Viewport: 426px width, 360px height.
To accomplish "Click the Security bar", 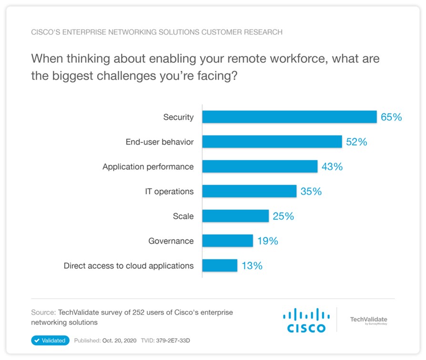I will [289, 117].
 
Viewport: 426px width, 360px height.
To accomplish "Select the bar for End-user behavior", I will [272, 142].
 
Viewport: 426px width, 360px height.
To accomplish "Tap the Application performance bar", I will [260, 166].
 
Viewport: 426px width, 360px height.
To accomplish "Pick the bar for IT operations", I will [249, 191].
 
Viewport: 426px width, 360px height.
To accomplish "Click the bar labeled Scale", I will [235, 216].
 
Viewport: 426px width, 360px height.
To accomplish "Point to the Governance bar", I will [227, 241].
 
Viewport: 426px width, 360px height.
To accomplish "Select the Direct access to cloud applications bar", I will [220, 266].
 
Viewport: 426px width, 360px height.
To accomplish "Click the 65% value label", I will [391, 117].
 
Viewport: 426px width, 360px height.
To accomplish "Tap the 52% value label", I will [356, 142].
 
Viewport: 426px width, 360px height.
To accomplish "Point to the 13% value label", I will [252, 266].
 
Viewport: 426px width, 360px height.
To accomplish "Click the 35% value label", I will [311, 191].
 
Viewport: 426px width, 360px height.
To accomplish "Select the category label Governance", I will [171, 241].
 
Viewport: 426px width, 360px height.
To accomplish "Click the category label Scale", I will [183, 216].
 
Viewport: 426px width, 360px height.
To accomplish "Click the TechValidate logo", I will [368, 320].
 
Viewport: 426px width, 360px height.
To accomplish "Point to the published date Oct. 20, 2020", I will [119, 340].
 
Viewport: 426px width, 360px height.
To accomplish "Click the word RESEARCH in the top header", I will [264, 32].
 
